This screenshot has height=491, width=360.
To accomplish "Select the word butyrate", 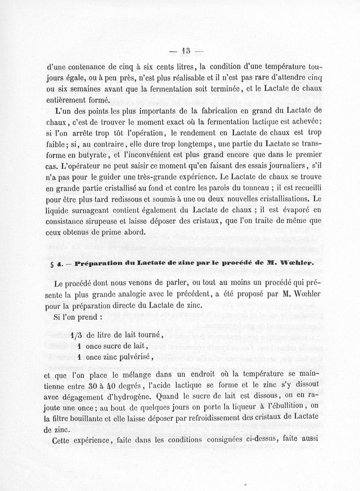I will click(x=92, y=154).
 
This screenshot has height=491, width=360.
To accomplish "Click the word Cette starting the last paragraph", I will click(x=63, y=441).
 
